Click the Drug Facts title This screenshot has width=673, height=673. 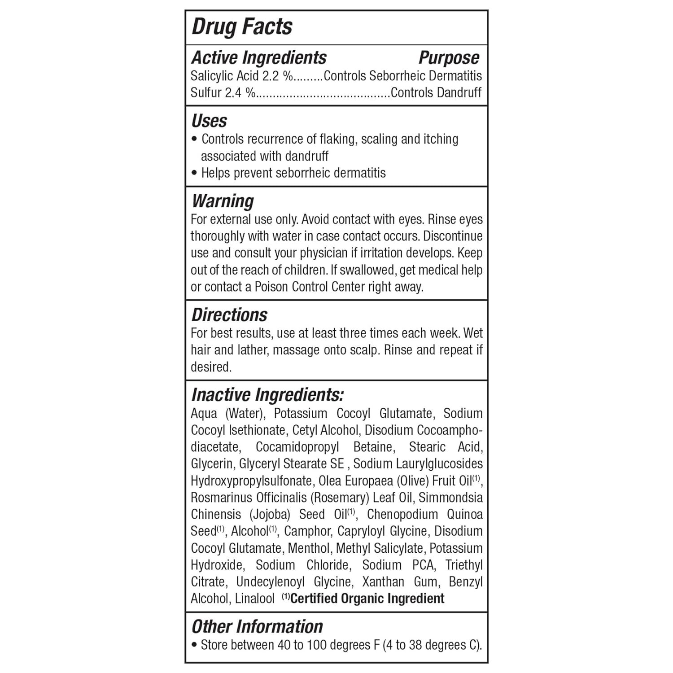coord(242,27)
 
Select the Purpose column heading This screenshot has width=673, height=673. coord(449,58)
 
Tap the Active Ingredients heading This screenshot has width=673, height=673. coord(259,58)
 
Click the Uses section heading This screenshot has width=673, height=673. coord(209,121)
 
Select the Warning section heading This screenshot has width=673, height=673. coord(223,201)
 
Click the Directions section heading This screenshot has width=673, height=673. coord(229,315)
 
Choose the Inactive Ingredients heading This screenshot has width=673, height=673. coord(267,395)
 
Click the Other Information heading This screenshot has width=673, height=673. coord(257,627)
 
